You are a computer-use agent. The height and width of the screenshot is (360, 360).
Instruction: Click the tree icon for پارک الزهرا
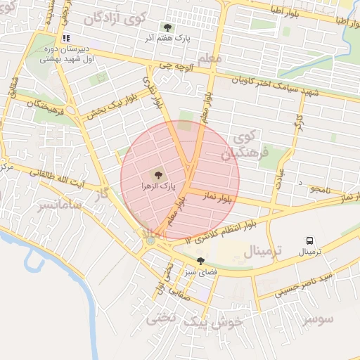(x=157, y=174)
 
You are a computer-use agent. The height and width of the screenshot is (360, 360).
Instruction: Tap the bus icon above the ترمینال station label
(x=309, y=240)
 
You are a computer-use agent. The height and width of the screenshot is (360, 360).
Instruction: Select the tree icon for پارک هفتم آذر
(x=167, y=27)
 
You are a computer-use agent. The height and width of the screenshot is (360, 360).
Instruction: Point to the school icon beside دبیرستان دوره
(x=66, y=38)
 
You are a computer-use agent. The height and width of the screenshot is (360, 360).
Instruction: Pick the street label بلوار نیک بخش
(x=106, y=105)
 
